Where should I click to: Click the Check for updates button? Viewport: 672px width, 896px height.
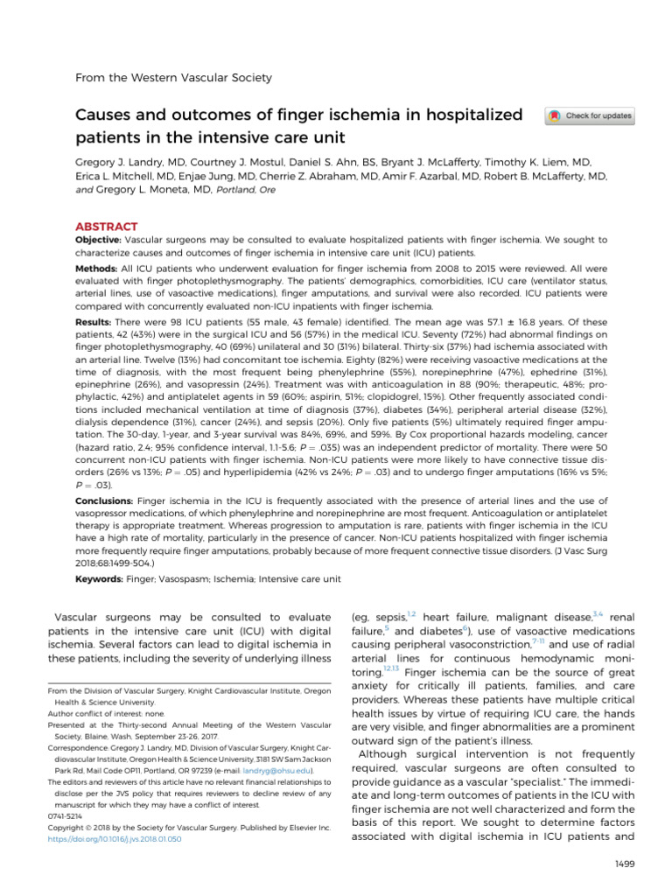(589, 116)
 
